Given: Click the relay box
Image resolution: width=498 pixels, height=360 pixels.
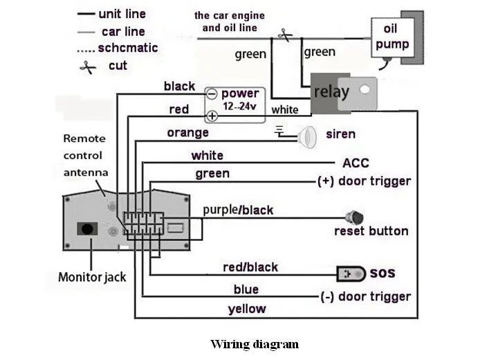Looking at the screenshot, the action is [344, 93].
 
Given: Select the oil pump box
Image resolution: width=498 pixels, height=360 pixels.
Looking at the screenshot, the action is [393, 37].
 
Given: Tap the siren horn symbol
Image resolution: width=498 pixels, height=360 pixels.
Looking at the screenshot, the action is [307, 137].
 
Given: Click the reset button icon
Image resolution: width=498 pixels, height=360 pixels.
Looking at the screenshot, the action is [354, 217].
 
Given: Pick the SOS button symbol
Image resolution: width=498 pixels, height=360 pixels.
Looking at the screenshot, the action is [351, 274].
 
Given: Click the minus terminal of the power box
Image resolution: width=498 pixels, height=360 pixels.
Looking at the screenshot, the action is [212, 94].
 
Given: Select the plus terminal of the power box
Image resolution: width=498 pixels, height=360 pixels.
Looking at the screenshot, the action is [212, 116].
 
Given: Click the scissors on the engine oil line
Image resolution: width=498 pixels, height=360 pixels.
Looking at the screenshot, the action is [285, 35].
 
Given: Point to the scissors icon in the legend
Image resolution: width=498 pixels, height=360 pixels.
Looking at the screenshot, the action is [88, 67].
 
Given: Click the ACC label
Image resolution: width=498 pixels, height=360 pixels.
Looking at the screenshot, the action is [356, 163].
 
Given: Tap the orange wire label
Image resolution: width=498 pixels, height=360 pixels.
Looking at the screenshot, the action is [187, 133].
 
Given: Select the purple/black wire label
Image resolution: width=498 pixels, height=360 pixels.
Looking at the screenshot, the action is [238, 210].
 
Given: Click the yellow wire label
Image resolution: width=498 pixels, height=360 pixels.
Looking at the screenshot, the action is [247, 309].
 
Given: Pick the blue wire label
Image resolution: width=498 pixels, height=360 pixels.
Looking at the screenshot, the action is [246, 289].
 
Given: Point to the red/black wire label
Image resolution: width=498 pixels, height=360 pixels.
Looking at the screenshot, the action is [250, 267].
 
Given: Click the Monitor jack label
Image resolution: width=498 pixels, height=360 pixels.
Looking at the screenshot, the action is [92, 277].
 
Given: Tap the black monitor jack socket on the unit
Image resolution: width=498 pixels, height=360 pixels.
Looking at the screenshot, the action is [87, 228].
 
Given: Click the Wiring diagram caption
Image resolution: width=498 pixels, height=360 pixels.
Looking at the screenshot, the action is [255, 344].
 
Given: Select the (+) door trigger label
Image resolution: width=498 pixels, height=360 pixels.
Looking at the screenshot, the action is [364, 181].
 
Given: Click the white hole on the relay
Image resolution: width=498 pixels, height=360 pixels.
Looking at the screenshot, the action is [365, 89].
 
